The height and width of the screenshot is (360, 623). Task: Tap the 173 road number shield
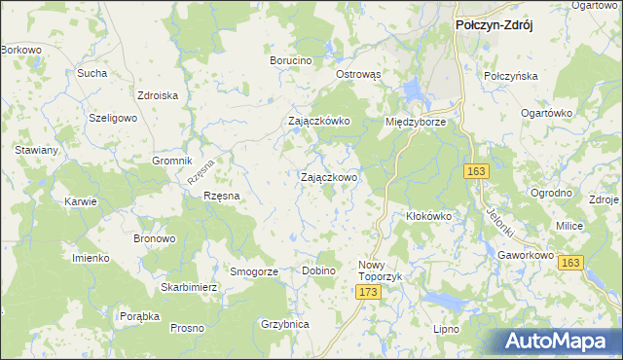coord(367,292)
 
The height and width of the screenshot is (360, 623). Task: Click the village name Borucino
coord(290,60)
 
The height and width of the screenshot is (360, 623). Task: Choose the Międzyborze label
coord(416,123)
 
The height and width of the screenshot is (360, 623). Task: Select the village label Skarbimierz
coord(189,288)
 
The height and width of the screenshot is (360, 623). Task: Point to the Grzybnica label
coord(285,324)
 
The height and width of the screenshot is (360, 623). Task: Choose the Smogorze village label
coord(253,271)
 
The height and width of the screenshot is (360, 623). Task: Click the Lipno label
coord(446,329)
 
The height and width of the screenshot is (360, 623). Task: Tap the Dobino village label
coord(318,270)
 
